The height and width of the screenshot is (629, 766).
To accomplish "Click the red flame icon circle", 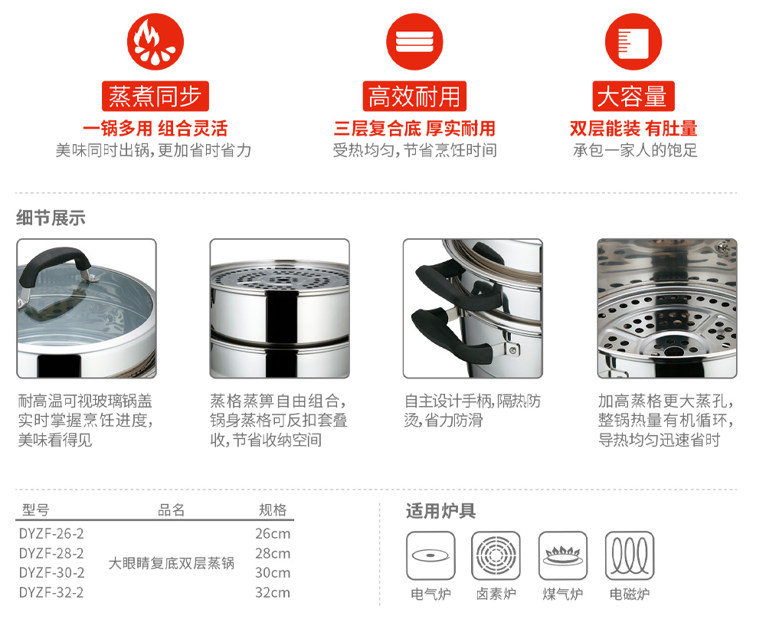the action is tap(155, 41).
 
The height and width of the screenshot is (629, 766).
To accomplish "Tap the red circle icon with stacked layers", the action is tap(414, 41).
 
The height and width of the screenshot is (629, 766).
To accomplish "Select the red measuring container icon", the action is tap(633, 41).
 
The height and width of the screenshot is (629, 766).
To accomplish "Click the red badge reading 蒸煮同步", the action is tap(155, 97).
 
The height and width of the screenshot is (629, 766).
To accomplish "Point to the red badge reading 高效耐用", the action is tap(414, 97).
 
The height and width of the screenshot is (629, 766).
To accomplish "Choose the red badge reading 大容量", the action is tap(633, 97).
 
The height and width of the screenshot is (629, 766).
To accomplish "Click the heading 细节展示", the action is tap(51, 218).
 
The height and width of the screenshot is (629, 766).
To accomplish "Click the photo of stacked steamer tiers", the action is tap(280, 309).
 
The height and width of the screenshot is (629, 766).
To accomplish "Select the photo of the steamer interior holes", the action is tap(667, 309).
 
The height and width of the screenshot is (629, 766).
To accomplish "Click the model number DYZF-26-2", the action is tap(51, 533).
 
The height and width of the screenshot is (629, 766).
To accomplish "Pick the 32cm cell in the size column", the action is tap(273, 592).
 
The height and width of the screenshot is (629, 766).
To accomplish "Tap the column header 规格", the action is tap(273, 509).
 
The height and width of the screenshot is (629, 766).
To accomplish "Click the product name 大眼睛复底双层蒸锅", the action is tap(171, 563).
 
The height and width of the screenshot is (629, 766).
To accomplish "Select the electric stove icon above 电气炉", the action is tap(430, 555).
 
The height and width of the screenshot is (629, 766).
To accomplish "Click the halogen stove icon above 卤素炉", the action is tap(496, 555).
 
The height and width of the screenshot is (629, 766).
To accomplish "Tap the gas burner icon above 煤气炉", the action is tap(563, 555).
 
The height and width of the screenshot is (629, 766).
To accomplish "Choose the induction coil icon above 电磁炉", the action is tap(629, 555).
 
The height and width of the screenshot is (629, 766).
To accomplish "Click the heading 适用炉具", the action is tap(440, 511).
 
